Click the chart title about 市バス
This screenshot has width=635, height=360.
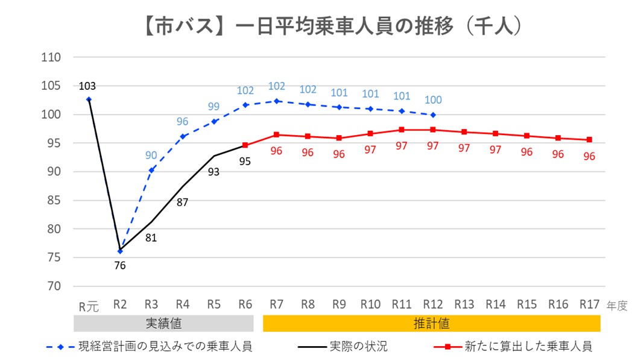coord(317,27)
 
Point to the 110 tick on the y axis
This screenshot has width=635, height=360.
coord(51,58)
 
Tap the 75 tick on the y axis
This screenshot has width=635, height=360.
coord(51,258)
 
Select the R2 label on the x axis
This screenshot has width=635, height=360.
coord(120,305)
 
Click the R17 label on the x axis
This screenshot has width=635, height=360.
coord(589,305)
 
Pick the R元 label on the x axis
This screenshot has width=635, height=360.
coord(89,306)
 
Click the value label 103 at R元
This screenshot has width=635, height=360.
coord(87,86)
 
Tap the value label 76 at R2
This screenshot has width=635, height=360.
coord(120,265)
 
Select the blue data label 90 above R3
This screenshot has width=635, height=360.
coord(151,156)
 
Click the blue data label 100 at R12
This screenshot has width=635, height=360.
coord(433,100)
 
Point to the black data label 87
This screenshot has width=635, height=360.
coord(182,203)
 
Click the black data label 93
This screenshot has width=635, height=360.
coord(213,172)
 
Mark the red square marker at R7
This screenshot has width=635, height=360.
coord(276,134)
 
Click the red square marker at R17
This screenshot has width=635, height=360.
coord(589,140)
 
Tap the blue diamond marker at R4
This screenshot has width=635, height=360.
coord(183,136)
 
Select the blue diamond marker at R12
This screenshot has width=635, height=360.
coord(433,115)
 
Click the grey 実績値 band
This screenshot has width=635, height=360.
coord(163,324)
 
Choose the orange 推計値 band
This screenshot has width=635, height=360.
coord(431,324)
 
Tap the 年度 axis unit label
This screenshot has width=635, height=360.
coord(617,306)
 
